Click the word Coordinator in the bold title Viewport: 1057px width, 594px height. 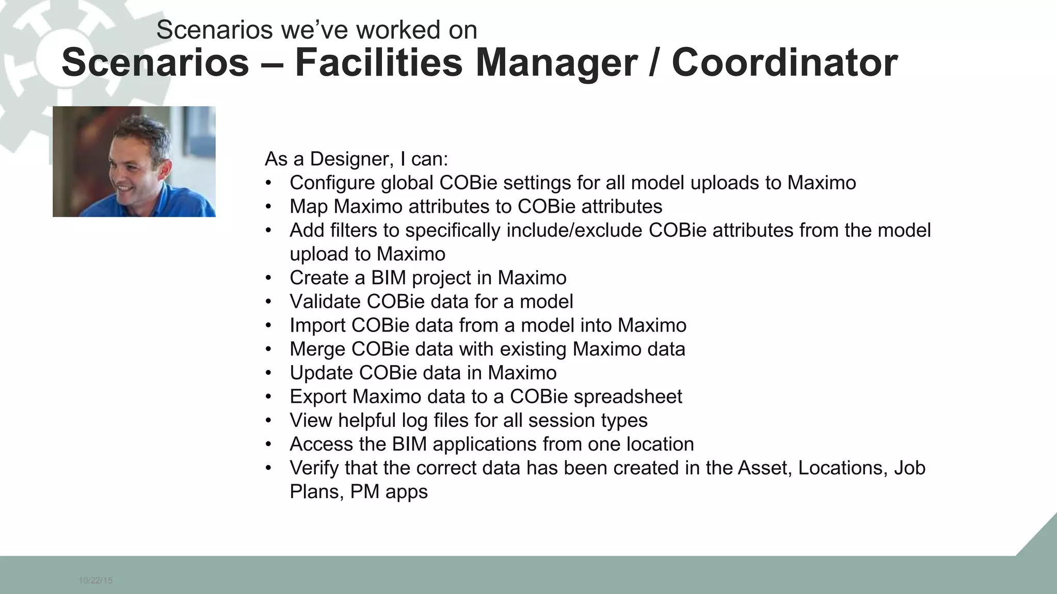pyautogui.click(x=784, y=63)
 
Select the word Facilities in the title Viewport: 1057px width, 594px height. pyautogui.click(x=378, y=63)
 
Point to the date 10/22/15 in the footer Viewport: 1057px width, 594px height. pyautogui.click(x=95, y=581)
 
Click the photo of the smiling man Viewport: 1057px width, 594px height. pyautogui.click(x=134, y=161)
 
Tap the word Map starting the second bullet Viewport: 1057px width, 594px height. pyautogui.click(x=309, y=207)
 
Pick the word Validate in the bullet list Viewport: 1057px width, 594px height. pyautogui.click(x=325, y=302)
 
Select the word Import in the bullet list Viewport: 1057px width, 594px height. pyautogui.click(x=317, y=325)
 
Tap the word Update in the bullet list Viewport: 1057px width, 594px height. pyautogui.click(x=321, y=373)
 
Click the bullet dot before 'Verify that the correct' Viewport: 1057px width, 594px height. pyautogui.click(x=268, y=468)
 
